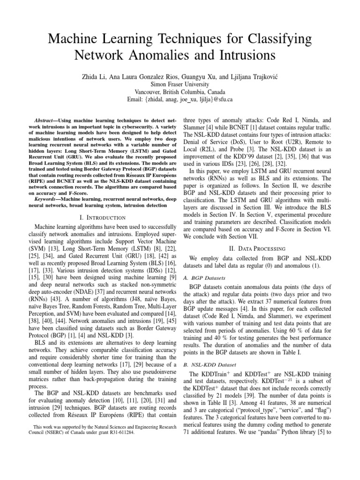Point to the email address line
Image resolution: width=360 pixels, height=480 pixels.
(x=180, y=99)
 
